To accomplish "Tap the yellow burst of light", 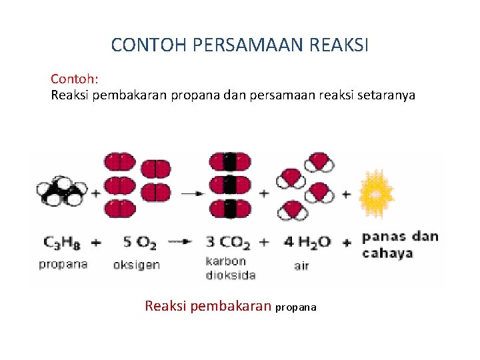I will coord(376,193).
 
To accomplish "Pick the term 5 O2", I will coord(138,241).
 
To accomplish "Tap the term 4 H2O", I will coord(307,241).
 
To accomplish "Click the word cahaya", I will coord(387,253).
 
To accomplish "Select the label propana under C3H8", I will coord(63,264).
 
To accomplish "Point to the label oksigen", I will coord(137,265).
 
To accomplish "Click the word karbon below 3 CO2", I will coord(225,261).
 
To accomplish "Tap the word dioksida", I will coord(230,274).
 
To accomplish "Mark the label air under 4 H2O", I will coord(301,265).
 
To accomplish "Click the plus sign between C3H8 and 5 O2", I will coord(97,242).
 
